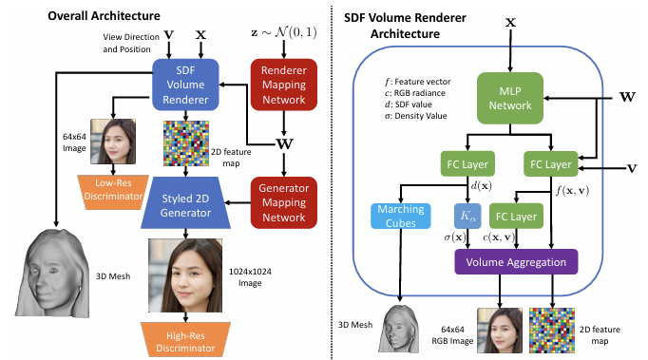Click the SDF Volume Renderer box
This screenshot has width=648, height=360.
(185, 85)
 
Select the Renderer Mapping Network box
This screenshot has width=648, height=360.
(284, 85)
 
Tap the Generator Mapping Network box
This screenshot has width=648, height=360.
(284, 202)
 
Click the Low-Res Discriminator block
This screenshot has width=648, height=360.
(113, 192)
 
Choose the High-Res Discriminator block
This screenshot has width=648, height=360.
(185, 340)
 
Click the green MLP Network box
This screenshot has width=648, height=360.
(510, 99)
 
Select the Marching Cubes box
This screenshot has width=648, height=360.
(400, 216)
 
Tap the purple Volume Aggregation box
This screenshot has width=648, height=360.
(516, 261)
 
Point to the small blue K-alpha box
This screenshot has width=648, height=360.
(467, 216)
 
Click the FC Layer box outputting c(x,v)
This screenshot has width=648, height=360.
(516, 216)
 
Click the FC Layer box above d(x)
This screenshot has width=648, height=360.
(467, 164)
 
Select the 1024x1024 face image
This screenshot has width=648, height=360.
(185, 275)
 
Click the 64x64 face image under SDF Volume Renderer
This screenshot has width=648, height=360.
(113, 142)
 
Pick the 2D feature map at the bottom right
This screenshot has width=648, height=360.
(552, 331)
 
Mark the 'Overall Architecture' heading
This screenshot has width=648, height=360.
(105, 16)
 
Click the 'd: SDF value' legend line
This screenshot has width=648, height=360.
(409, 104)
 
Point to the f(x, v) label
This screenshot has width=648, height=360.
(572, 190)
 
